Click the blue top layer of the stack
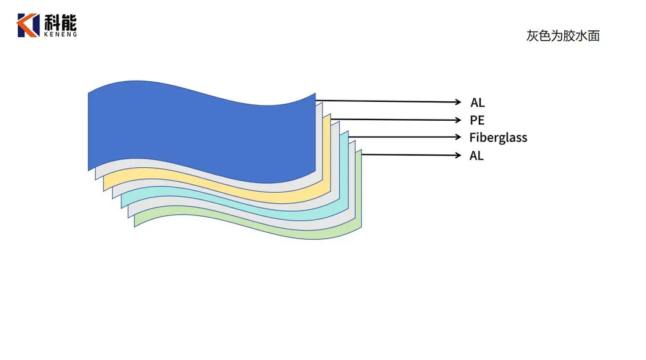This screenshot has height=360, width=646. [x=201, y=131]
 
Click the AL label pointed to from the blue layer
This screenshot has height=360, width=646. [x=477, y=103]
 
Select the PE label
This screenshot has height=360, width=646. [x=477, y=120]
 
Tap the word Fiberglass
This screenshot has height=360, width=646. [x=498, y=137]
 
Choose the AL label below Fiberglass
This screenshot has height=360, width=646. [x=476, y=156]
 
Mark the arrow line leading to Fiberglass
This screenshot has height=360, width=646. [x=403, y=137]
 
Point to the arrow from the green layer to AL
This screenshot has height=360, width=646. [x=409, y=154]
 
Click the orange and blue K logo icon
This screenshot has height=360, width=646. [x=28, y=25]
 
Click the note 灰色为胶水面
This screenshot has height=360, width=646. [x=562, y=36]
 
